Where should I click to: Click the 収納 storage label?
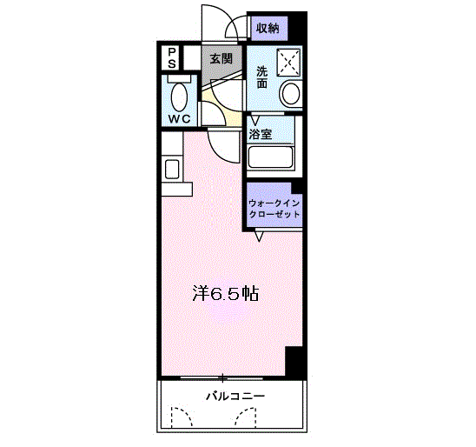click(x=268, y=28)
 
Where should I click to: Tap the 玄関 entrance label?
click(x=221, y=58)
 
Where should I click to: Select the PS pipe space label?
click(x=172, y=58)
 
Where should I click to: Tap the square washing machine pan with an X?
click(x=288, y=63)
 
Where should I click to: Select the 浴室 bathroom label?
click(x=261, y=134)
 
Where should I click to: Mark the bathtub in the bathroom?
click(x=272, y=157)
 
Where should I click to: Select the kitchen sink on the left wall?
click(x=171, y=168)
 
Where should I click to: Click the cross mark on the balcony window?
click(x=222, y=377)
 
